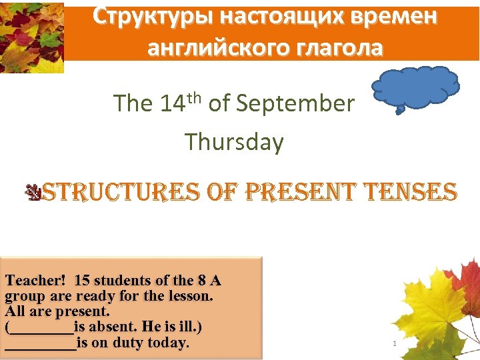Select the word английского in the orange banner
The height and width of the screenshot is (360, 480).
[215, 48]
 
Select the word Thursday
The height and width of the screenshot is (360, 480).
[234, 142]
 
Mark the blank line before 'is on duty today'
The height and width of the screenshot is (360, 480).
[40, 343]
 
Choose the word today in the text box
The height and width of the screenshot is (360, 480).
[170, 343]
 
